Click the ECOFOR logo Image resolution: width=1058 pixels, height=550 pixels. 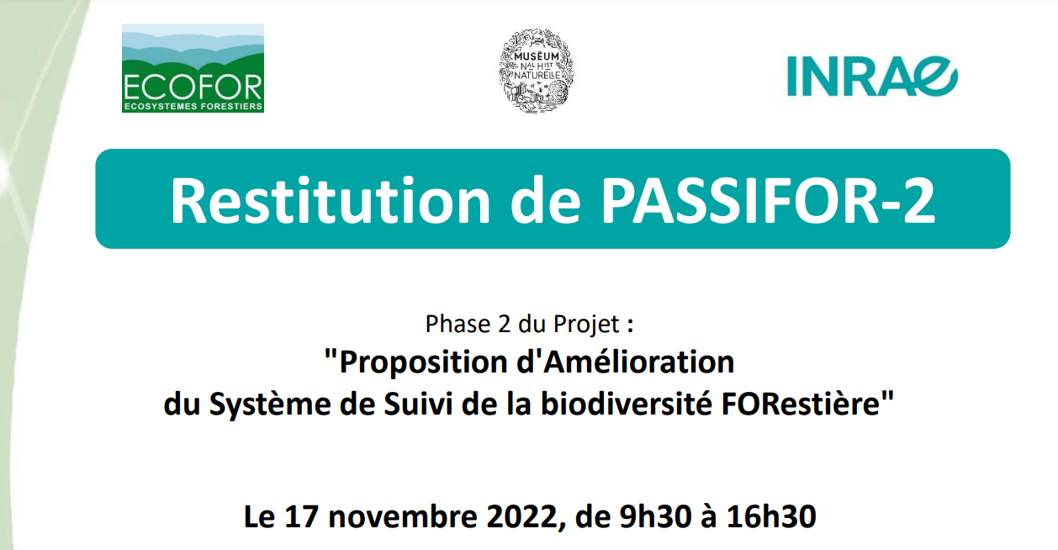click(x=193, y=68)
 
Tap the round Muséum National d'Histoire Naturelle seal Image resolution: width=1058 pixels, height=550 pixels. click(x=537, y=71)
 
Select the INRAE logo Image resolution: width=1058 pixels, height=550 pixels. click(x=872, y=77)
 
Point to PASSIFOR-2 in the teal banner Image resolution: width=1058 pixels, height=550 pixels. click(x=768, y=201)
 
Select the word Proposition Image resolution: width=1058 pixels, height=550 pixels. click(x=423, y=363)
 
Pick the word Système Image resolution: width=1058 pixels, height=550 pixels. click(x=270, y=405)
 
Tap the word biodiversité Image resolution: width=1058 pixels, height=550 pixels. click(x=627, y=404)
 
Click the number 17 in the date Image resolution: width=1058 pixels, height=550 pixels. click(x=300, y=517)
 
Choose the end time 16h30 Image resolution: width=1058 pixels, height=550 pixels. click(x=771, y=517)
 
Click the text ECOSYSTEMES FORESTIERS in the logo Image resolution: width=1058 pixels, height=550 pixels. click(x=193, y=106)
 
